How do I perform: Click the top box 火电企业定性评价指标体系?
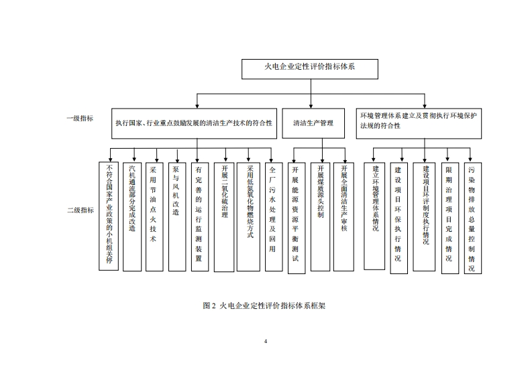pyautogui.click(x=309, y=68)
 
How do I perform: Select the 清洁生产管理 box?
pyautogui.click(x=313, y=123)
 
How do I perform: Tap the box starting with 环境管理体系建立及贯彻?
pyautogui.click(x=418, y=121)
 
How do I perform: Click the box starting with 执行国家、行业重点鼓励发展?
pyautogui.click(x=193, y=123)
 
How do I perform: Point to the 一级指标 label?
pyautogui.click(x=80, y=118)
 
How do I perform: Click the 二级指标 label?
pyautogui.click(x=80, y=210)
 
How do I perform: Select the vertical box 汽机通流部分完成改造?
pyautogui.click(x=133, y=214)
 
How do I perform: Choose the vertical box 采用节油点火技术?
pyautogui.click(x=155, y=214)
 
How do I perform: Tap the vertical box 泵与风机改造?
pyautogui.click(x=176, y=214)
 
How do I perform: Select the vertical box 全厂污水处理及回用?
pyautogui.click(x=272, y=214)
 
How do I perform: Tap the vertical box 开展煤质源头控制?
pyautogui.click(x=321, y=216)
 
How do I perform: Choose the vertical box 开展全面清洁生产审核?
pyautogui.click(x=343, y=216)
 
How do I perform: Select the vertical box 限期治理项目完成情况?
pyautogui.click(x=449, y=217)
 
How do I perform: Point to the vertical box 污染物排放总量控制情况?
pyautogui.click(x=472, y=217)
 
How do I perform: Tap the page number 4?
pyautogui.click(x=266, y=342)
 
